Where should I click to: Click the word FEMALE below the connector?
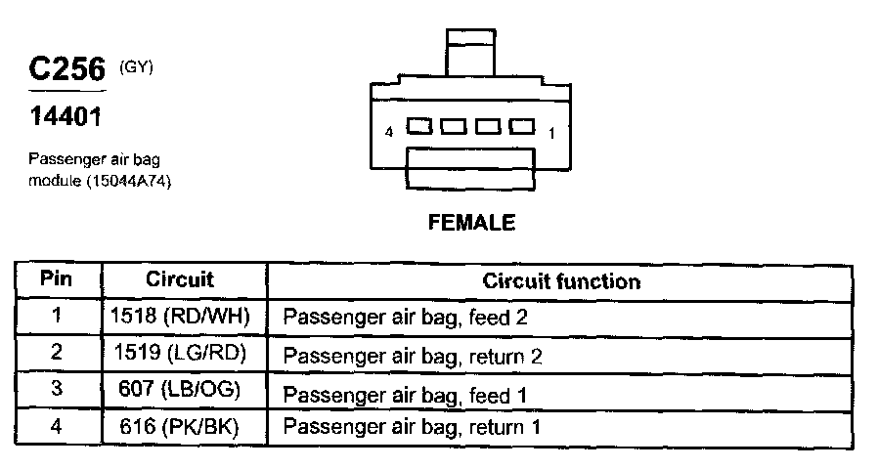point(471,223)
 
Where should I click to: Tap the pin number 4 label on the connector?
point(389,132)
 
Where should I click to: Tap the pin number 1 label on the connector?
point(551,133)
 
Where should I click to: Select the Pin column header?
point(57,279)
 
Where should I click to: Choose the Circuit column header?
point(179,279)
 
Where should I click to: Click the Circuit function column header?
point(561,281)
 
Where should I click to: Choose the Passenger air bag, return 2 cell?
point(413,356)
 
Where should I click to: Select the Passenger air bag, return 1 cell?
point(413,427)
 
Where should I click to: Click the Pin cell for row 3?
point(57,391)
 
